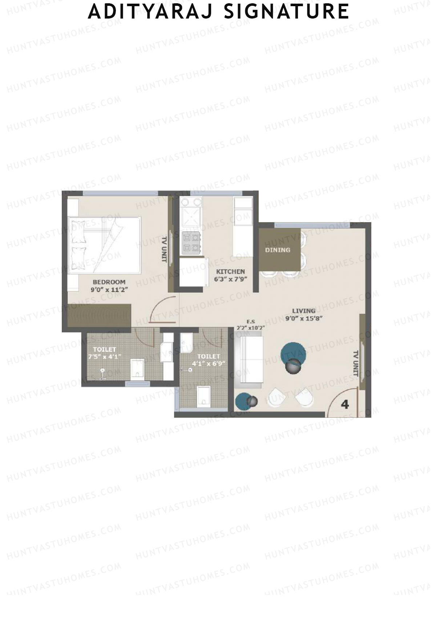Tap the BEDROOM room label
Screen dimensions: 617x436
tap(109, 282)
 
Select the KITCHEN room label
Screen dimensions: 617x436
tap(230, 272)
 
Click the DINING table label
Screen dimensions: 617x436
tap(278, 250)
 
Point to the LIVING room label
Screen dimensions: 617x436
tap(304, 311)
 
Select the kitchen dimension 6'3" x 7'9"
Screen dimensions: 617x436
tap(230, 280)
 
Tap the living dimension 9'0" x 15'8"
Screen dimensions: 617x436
tap(304, 318)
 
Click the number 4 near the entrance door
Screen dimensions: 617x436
tap(345, 404)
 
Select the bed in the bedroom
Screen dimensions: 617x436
tap(104, 245)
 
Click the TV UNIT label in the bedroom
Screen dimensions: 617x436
tap(164, 249)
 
